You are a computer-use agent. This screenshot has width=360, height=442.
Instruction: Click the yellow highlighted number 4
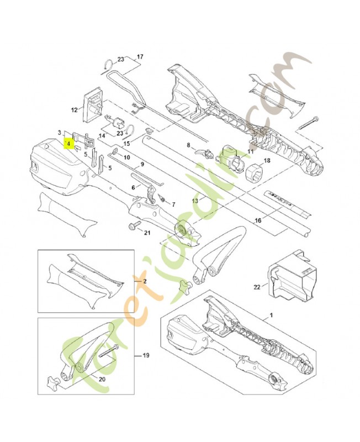point(67,143)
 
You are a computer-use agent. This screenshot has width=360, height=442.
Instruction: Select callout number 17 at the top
point(140,57)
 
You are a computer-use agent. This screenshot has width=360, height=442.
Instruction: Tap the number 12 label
point(75,110)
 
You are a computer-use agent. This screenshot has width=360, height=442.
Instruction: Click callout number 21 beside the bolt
point(147,232)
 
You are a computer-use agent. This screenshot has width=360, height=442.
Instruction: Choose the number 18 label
point(267,161)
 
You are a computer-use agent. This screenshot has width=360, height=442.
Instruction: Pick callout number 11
point(250,151)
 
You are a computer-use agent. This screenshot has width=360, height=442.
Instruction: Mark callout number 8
point(188,146)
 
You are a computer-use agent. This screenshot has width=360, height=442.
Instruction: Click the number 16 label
point(257,220)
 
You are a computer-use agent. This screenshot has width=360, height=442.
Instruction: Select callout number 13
point(194,201)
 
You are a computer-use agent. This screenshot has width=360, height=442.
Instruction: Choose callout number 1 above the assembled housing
point(271,314)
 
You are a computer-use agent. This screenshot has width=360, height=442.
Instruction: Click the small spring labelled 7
point(162,198)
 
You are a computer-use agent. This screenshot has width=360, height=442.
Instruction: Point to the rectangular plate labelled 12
point(93,104)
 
